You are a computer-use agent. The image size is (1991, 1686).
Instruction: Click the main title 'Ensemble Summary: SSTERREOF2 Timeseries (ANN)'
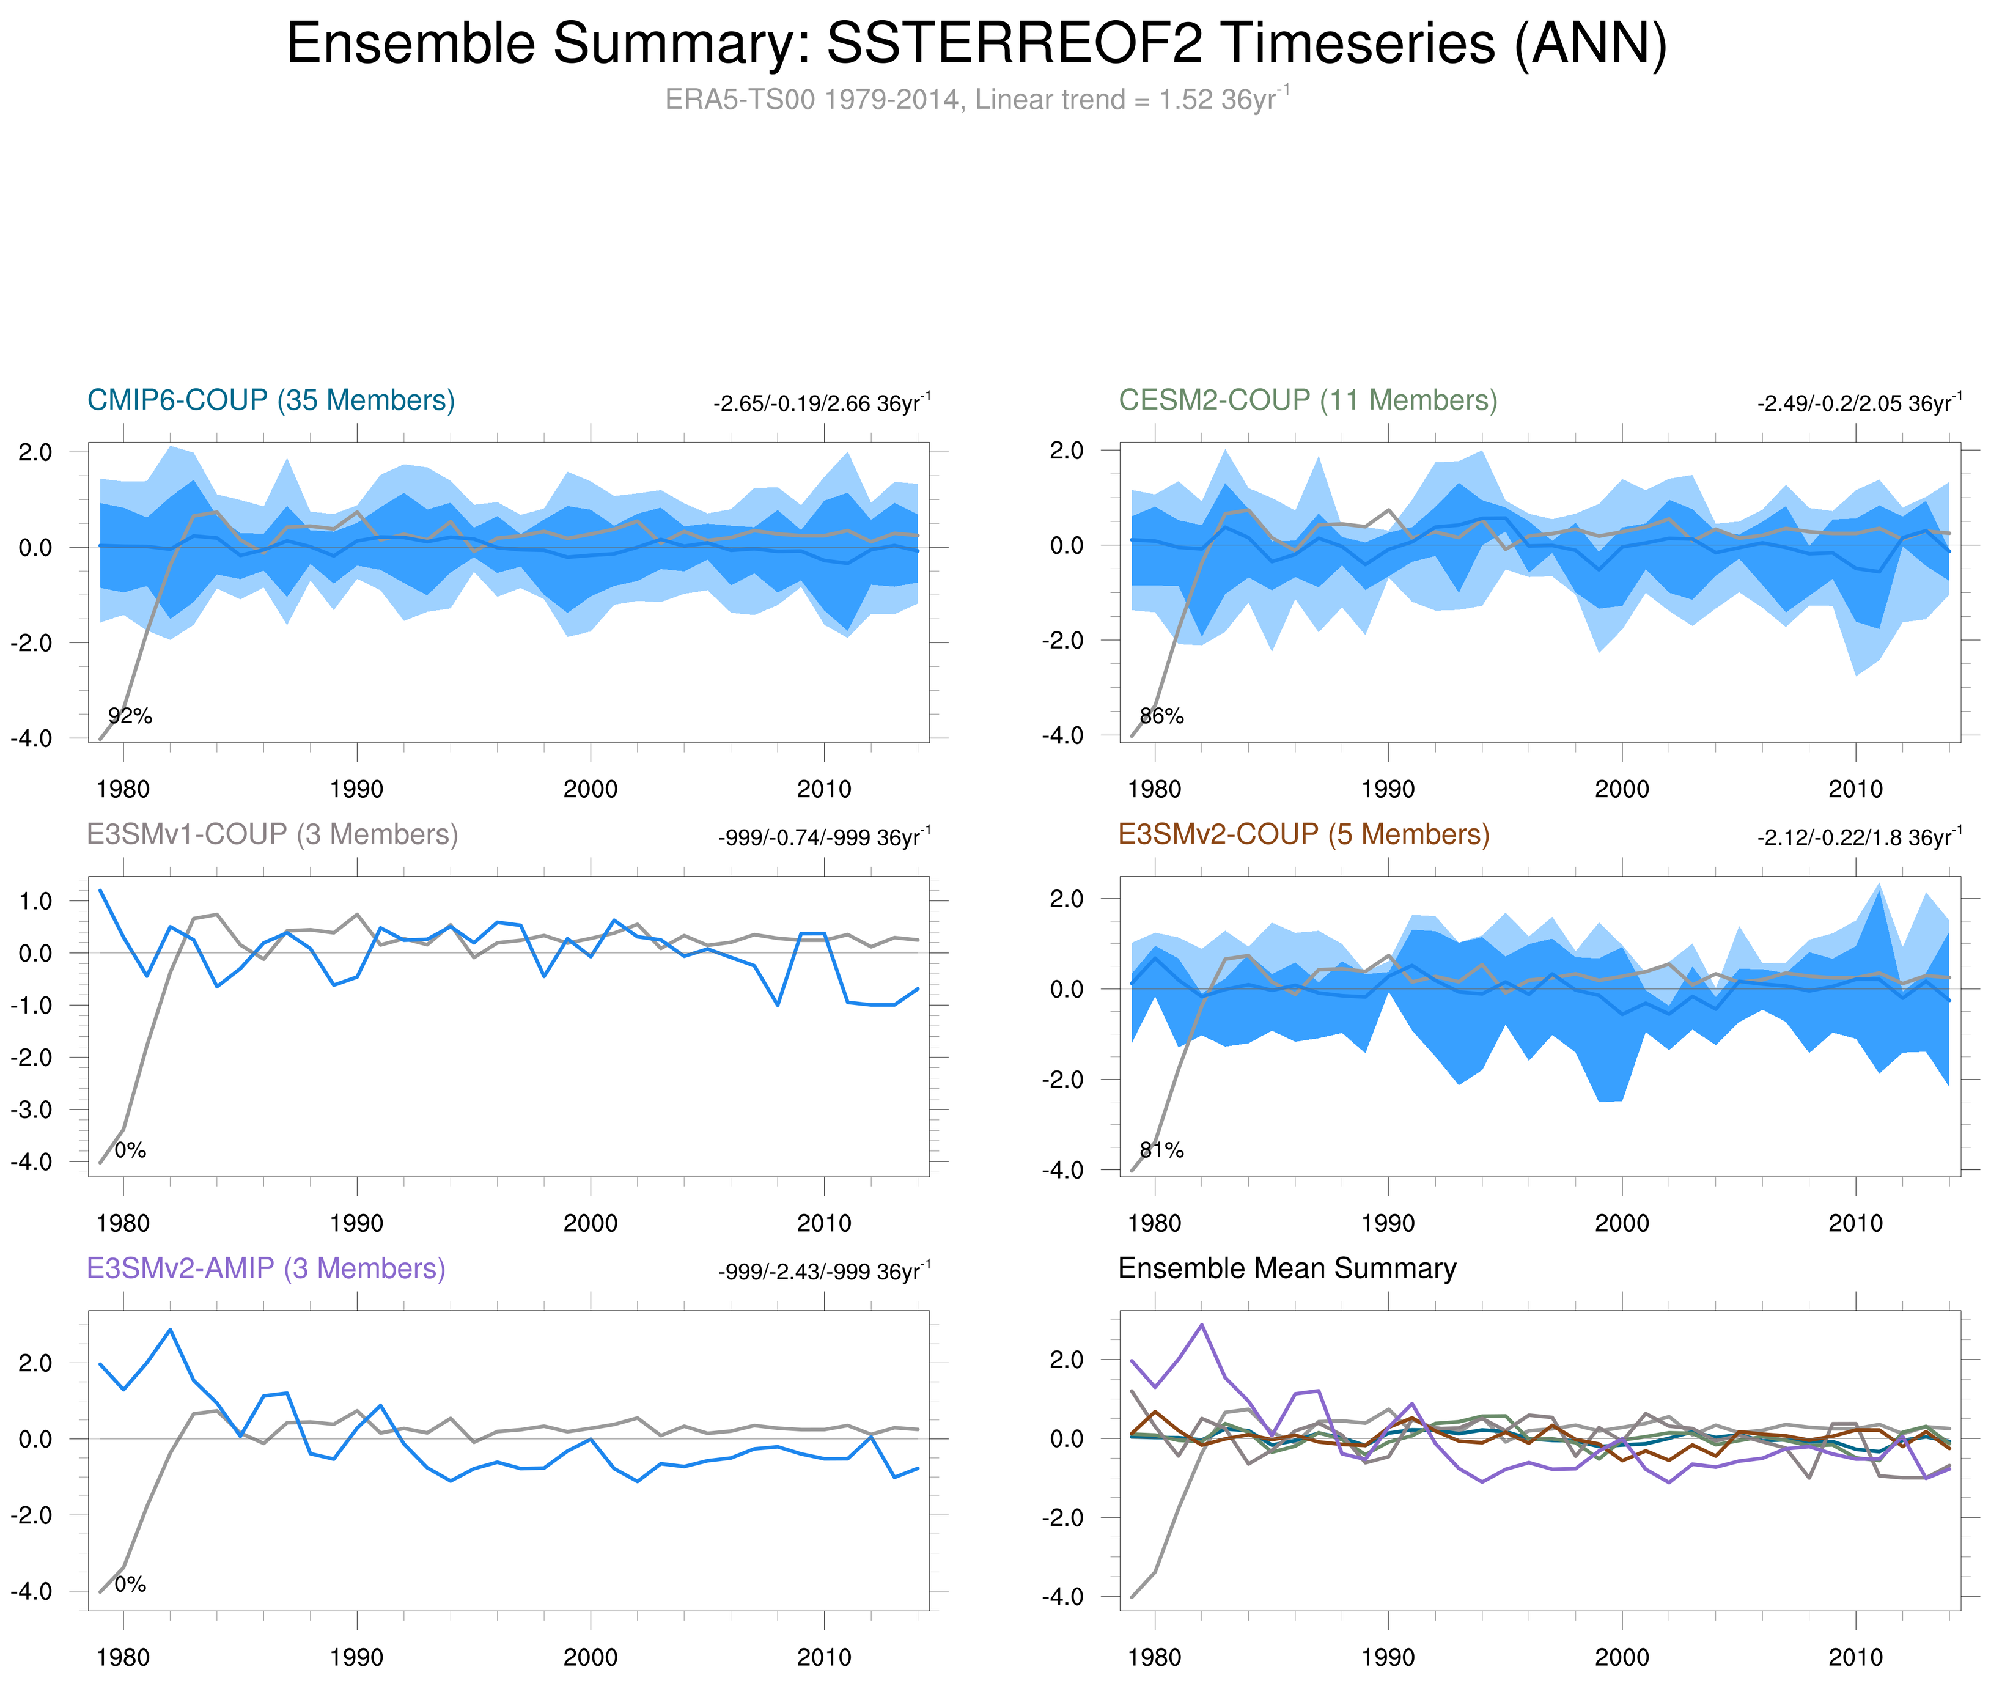tap(975, 44)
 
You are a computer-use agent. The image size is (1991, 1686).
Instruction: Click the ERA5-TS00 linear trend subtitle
tap(975, 100)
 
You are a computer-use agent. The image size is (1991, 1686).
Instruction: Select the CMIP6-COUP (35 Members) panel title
tap(271, 400)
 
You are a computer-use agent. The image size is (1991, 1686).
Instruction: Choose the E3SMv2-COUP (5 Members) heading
tap(1303, 834)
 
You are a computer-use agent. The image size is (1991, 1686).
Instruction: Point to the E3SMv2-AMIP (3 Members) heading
tap(266, 1268)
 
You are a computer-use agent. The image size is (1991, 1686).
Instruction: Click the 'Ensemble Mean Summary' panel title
tap(1287, 1268)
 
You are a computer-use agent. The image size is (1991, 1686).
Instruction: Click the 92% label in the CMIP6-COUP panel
tap(130, 716)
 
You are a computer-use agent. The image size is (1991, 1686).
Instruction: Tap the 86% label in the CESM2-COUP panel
tap(1161, 716)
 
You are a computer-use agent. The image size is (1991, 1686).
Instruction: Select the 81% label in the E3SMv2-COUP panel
tap(1161, 1150)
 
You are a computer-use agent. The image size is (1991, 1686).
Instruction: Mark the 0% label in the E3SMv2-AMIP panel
tap(130, 1584)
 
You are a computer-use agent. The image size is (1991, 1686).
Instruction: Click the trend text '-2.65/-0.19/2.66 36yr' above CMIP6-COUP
tap(820, 403)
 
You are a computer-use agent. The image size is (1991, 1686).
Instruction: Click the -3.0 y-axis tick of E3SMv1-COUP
tap(32, 1110)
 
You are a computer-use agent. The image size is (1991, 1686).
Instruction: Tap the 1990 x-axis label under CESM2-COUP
tap(1388, 789)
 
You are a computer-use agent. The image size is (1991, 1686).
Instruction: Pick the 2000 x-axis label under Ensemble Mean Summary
tap(1621, 1657)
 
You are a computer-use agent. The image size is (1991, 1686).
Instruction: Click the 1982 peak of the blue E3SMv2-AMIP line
tap(170, 1330)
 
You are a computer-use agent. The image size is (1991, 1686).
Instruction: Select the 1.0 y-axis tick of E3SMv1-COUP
tap(34, 901)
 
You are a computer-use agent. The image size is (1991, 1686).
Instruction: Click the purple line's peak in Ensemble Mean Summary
tap(1201, 1325)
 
